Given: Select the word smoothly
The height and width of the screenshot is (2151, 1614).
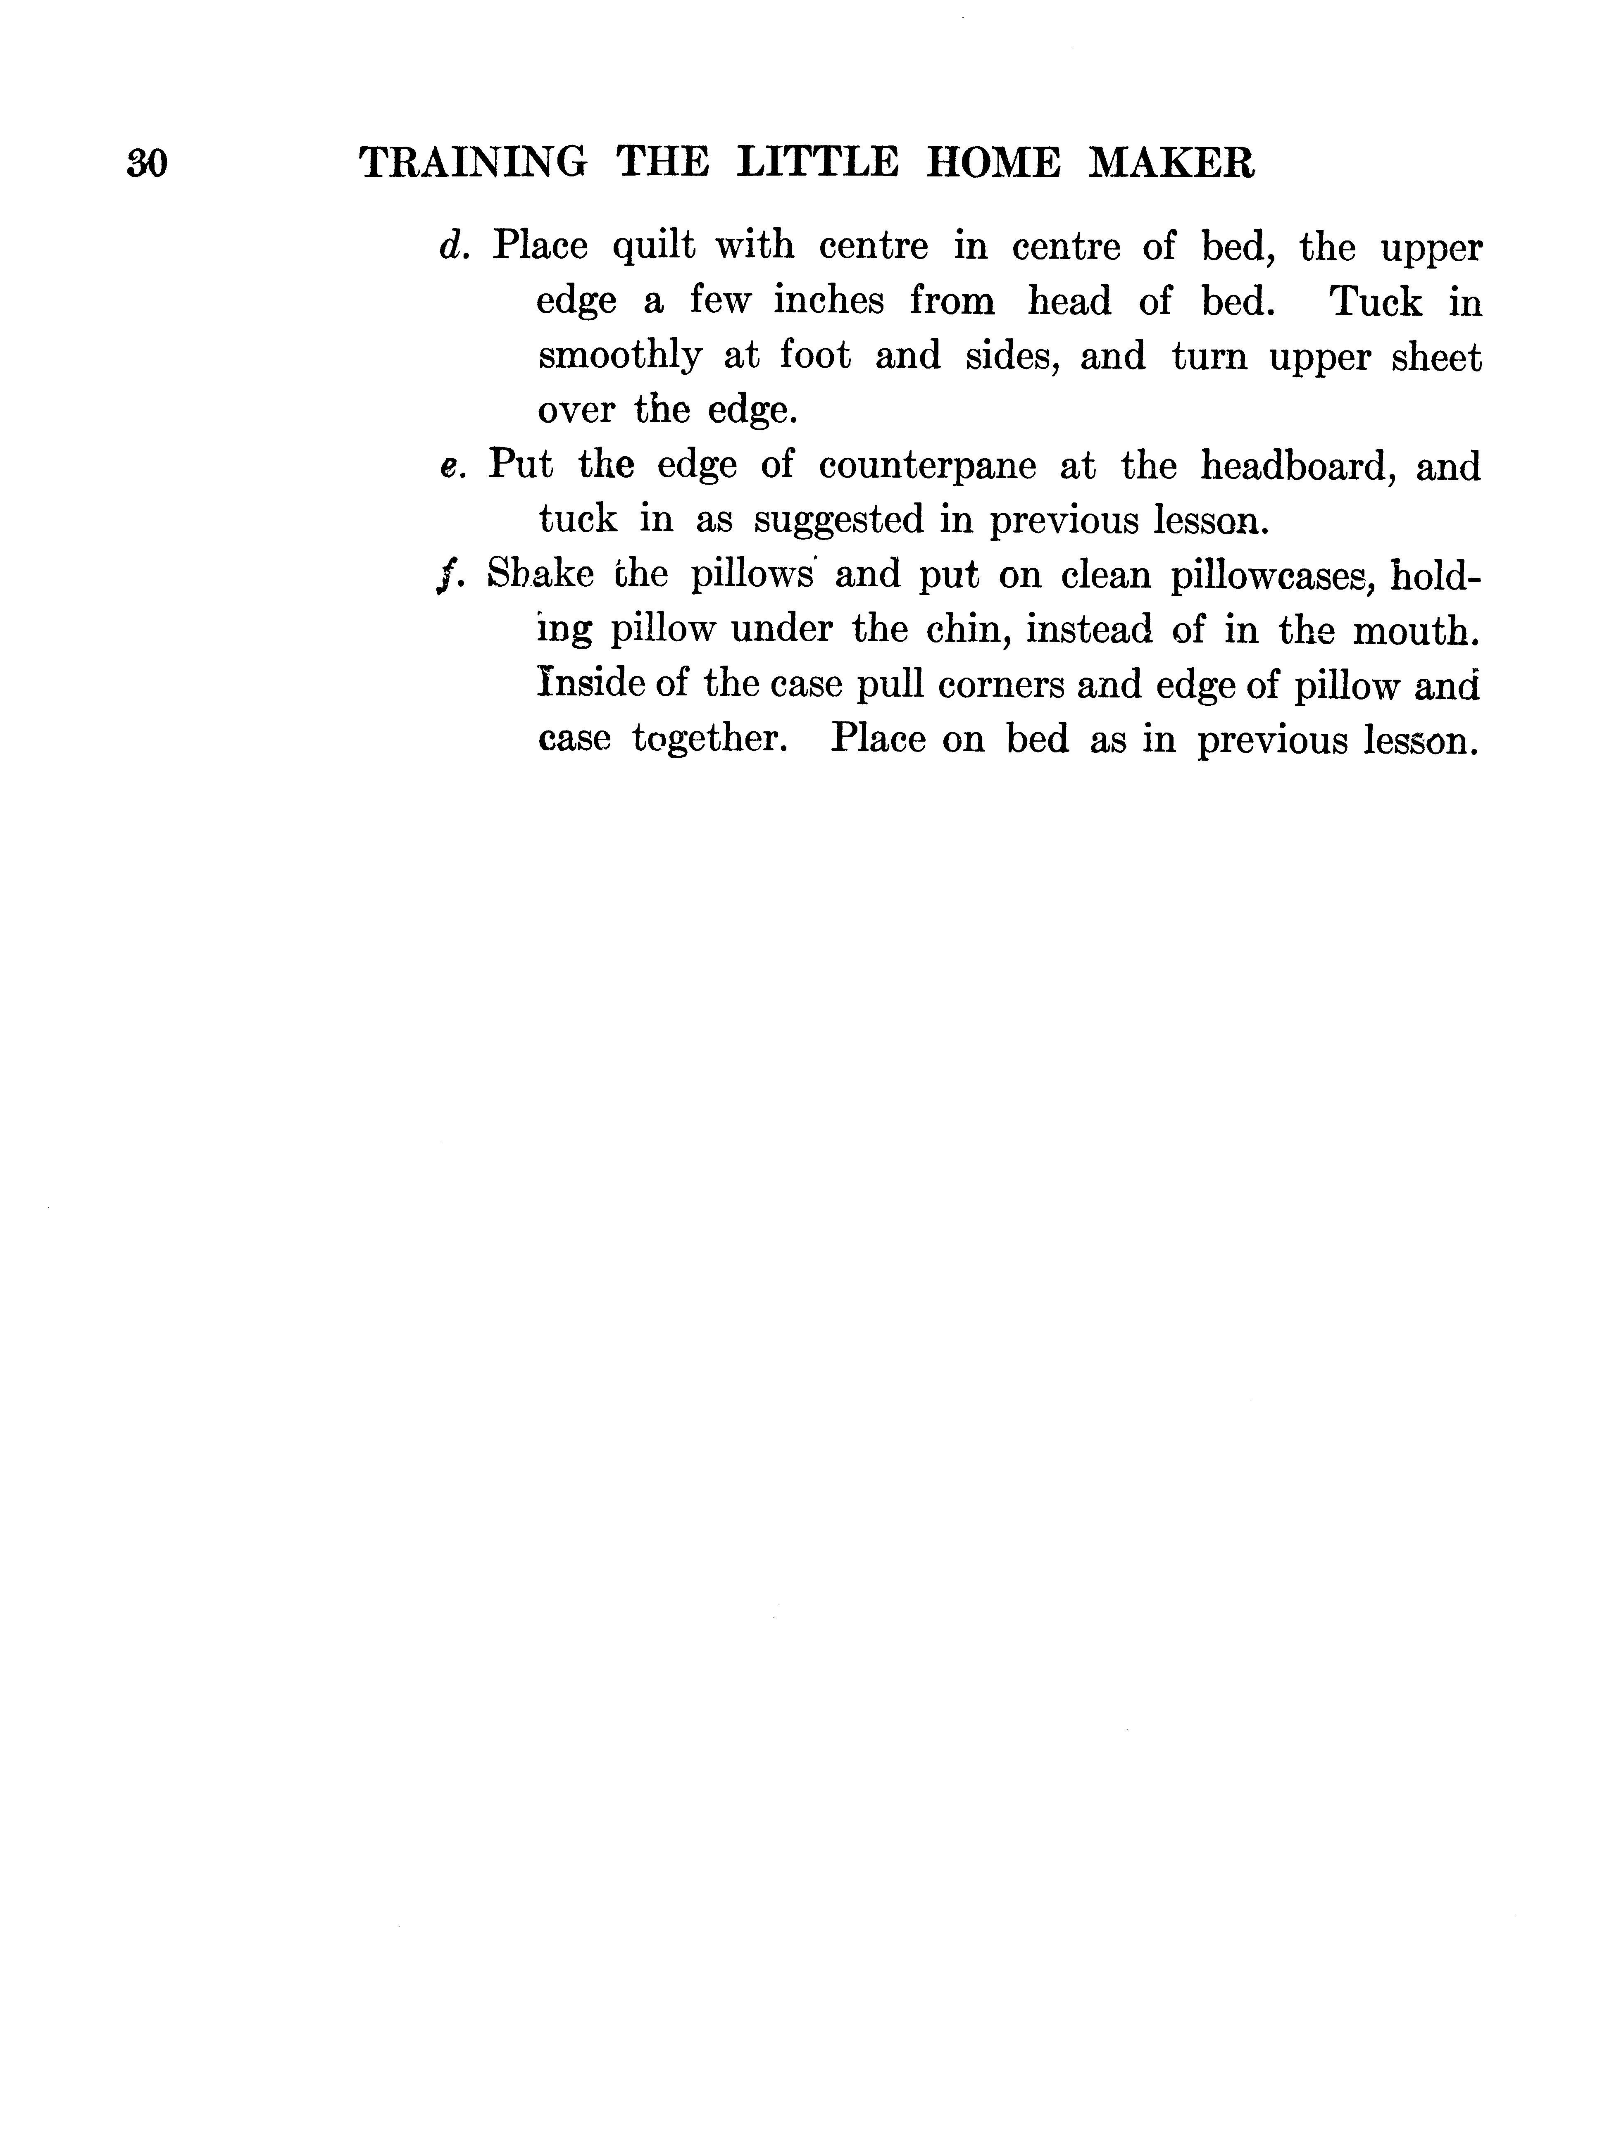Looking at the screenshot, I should pyautogui.click(x=619, y=357).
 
